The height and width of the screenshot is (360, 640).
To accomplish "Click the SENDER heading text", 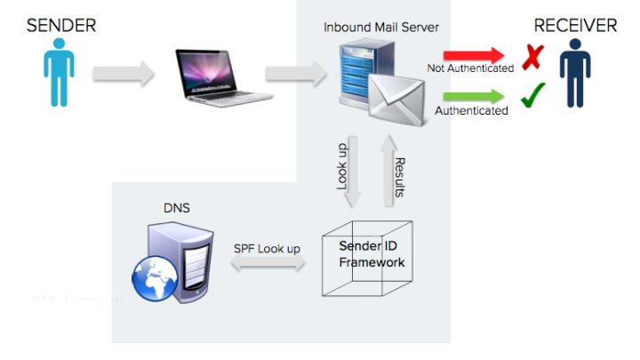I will pos(60,26).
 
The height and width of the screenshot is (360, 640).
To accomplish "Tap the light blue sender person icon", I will pos(60,78).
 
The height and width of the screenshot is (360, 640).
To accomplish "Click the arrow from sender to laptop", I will pos(124,74).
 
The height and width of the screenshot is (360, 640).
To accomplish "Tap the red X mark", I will pos(532,58).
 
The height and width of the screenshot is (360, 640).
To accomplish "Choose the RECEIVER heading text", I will pos(575,26).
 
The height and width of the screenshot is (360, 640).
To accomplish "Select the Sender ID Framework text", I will pos(372,253).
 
